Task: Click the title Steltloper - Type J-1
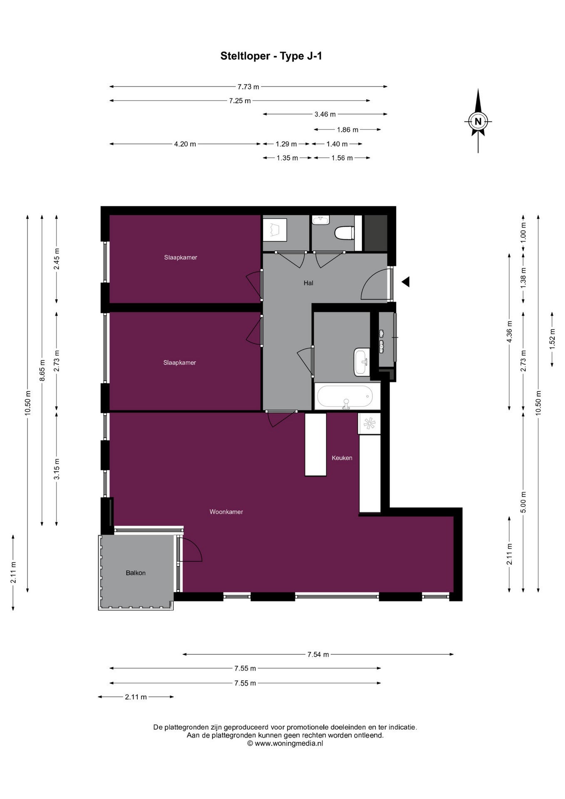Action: (x=271, y=56)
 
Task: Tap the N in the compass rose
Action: (x=478, y=122)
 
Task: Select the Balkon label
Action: (x=136, y=573)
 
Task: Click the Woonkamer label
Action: (x=226, y=512)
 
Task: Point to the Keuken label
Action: (x=342, y=458)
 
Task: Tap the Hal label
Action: (x=308, y=283)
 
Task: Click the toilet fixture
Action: (x=344, y=233)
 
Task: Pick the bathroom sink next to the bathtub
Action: (x=362, y=362)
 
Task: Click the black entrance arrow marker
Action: (x=406, y=282)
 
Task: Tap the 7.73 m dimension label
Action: (x=248, y=87)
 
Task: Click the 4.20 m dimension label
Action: (x=185, y=144)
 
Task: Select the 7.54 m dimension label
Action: (x=318, y=655)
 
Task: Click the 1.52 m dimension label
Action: (x=552, y=339)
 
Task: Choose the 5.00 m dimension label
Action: (x=523, y=503)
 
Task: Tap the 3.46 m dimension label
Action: (x=325, y=114)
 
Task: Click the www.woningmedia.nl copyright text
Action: (x=285, y=743)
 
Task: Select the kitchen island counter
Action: (x=316, y=444)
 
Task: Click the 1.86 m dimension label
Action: (x=348, y=130)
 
